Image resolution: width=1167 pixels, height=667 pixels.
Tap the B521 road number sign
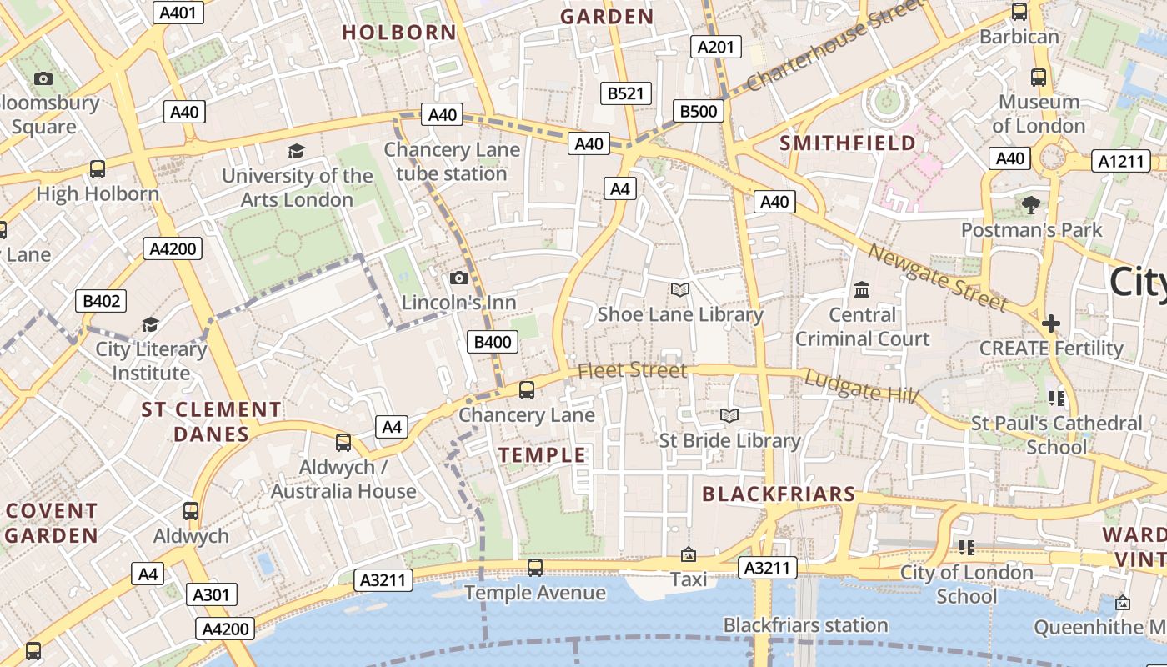(626, 93)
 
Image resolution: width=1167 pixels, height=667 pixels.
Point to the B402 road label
(101, 301)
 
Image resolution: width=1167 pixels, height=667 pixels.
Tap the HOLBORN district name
(399, 33)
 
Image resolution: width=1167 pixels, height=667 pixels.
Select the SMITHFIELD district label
(848, 143)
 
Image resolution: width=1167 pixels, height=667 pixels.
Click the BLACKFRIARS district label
(779, 494)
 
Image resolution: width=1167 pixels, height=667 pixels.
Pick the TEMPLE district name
(543, 455)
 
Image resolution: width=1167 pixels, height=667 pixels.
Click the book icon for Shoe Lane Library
(680, 289)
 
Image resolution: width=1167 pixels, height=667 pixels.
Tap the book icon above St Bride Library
(729, 415)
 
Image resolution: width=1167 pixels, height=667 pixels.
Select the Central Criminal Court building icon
(862, 289)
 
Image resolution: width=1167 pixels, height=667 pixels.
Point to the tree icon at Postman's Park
(1031, 204)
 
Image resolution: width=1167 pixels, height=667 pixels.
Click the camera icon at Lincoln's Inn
(459, 278)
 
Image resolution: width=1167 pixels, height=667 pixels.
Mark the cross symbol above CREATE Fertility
(1051, 323)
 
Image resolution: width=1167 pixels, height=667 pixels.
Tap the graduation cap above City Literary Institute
(150, 324)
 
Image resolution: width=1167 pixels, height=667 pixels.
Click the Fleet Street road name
(633, 369)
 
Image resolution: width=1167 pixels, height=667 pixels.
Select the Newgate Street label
(937, 276)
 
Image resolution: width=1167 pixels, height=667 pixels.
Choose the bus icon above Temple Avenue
(535, 568)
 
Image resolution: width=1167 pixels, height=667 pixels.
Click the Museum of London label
(1039, 114)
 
